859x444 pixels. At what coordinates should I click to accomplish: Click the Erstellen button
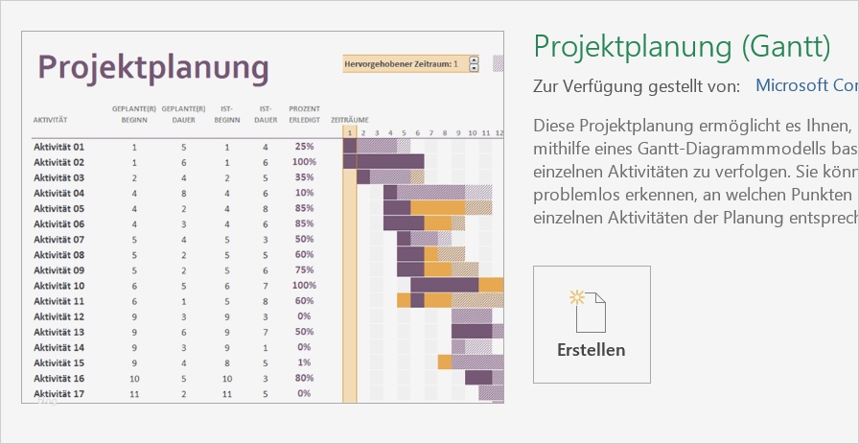592,324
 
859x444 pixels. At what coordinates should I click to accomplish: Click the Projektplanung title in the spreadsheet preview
153,67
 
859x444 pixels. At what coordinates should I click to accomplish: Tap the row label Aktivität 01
59,147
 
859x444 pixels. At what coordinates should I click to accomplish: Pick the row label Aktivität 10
59,285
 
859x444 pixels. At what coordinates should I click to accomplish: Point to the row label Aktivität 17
59,393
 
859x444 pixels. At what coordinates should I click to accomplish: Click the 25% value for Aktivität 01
304,147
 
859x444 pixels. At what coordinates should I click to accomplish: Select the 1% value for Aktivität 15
304,362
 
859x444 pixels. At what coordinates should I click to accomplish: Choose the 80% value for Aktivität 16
304,378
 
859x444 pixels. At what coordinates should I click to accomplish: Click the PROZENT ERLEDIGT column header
304,114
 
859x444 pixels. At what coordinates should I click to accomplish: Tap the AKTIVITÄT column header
50,120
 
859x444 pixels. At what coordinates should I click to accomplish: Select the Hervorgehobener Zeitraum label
398,64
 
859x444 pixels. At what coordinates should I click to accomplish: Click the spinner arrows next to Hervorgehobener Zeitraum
474,64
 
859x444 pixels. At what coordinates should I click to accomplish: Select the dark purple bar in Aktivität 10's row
444,285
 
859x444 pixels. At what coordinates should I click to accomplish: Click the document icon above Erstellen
590,310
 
